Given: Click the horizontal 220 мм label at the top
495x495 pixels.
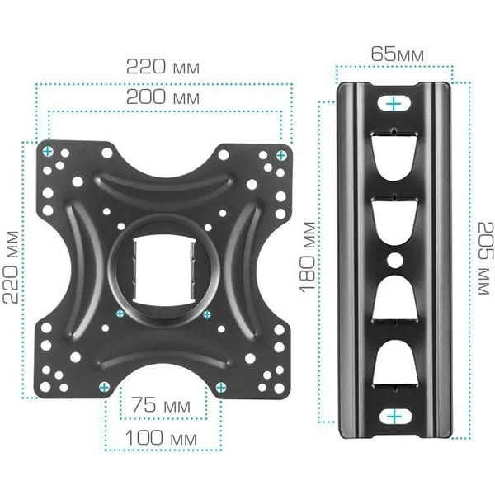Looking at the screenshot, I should (x=163, y=66).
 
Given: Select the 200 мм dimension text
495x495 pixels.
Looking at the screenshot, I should (x=163, y=97).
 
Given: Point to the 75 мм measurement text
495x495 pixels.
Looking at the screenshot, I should (x=163, y=406).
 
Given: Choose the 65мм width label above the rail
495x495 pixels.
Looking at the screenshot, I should (x=397, y=55).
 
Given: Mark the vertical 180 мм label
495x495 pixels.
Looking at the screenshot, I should (x=307, y=257).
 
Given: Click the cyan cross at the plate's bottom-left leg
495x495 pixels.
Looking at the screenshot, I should (x=104, y=386).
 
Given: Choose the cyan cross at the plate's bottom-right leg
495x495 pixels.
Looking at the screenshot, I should (x=221, y=386).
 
